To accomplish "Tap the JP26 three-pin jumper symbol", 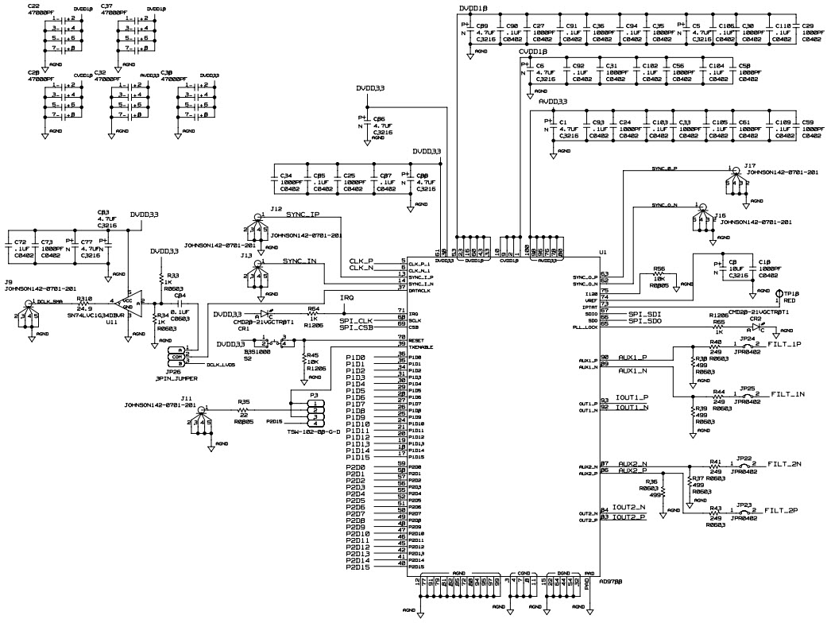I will click(x=182, y=356).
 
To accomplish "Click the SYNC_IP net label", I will click(x=303, y=215).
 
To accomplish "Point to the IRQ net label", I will click(x=346, y=298).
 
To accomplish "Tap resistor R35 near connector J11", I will click(x=244, y=410).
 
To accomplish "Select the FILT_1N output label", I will click(x=788, y=394).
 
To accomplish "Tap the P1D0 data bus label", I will click(x=356, y=358).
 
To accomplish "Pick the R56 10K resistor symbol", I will click(x=658, y=277).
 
